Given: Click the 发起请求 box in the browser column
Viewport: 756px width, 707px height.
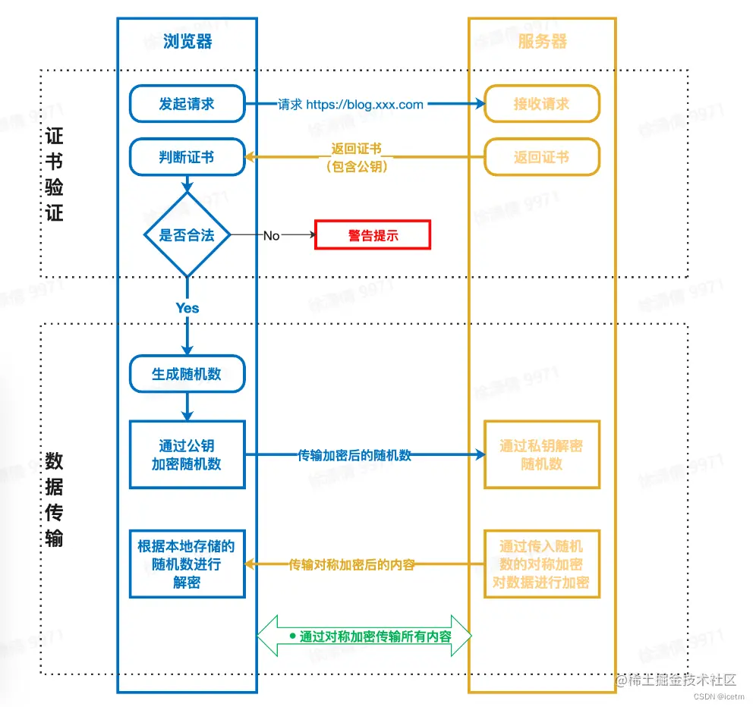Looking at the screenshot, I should (187, 104).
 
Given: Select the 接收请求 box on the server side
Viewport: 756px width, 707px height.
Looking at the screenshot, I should (542, 104).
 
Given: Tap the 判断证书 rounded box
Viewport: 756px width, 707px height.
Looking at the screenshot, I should (187, 157).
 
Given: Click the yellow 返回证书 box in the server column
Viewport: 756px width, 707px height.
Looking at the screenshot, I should (542, 157).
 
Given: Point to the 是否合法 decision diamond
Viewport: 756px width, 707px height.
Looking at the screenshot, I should (187, 235).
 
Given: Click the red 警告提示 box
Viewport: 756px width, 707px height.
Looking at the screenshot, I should (373, 235).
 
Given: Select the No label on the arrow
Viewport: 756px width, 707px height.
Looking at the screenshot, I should (271, 236).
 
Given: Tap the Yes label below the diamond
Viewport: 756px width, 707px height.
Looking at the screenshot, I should (187, 307).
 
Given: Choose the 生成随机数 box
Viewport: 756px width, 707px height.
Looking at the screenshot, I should (187, 374).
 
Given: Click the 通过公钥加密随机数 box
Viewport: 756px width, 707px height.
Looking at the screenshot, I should (187, 454).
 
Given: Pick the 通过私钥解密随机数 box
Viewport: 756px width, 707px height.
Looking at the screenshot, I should (542, 454).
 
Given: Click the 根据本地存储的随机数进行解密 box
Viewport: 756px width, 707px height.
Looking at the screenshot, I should (187, 564).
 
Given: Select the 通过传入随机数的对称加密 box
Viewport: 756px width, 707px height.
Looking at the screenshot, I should (542, 564).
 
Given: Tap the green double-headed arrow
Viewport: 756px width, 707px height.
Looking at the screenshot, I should (364, 636).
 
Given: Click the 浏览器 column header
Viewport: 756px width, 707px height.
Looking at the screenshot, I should (187, 41).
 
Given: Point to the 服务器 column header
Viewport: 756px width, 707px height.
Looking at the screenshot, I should (542, 41).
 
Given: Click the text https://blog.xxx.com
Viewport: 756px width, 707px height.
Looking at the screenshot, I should (364, 105).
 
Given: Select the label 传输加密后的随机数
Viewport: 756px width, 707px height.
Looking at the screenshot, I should (354, 455).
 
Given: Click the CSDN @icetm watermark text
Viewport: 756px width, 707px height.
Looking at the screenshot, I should (720, 696).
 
